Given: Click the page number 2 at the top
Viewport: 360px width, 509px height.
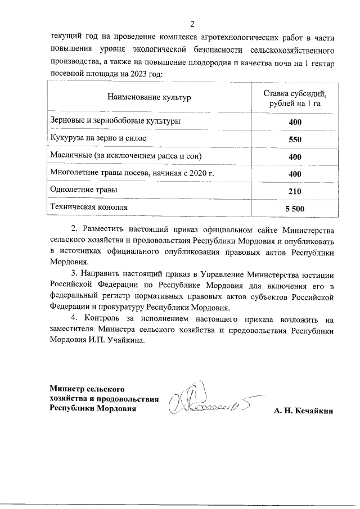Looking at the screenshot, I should click(x=192, y=24).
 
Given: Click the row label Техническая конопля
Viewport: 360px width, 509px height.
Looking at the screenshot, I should click(x=89, y=207).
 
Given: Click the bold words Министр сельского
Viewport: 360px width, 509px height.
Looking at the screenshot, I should click(x=87, y=389).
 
